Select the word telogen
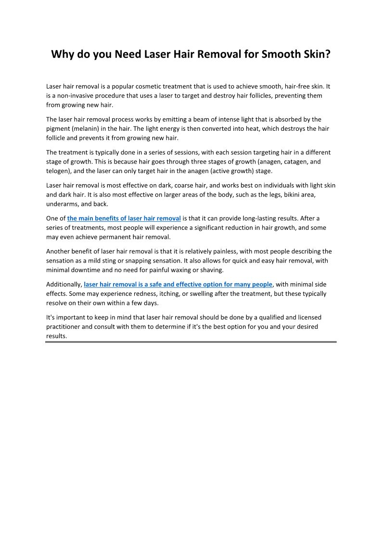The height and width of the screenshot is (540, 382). click(57, 171)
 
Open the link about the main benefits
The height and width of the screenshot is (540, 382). click(124, 218)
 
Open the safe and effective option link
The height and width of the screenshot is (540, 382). click(178, 284)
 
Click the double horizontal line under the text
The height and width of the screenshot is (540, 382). click(191, 342)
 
